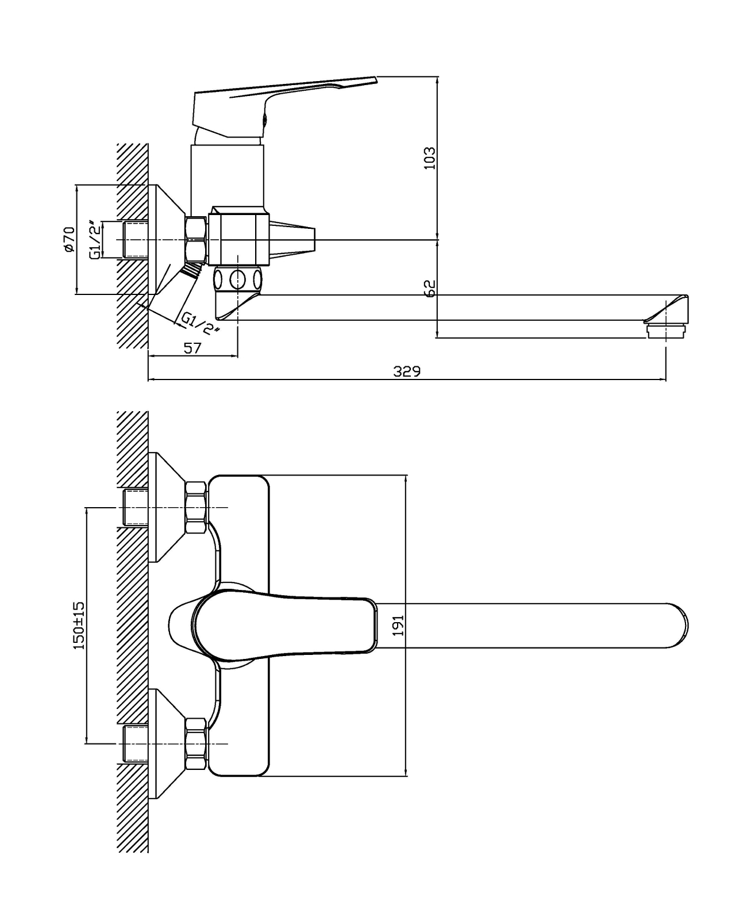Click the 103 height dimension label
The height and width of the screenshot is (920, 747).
point(430,158)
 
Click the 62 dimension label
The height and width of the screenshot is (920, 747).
point(430,288)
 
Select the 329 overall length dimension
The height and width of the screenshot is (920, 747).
point(406,371)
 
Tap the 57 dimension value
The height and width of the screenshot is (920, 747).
point(192,348)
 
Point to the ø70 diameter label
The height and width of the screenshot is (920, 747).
point(69,239)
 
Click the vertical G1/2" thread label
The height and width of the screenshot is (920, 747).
point(95,240)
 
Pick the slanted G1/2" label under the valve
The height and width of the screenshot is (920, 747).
point(200,323)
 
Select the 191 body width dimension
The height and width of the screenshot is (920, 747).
point(398,626)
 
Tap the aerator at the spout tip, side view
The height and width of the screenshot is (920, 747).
point(666,331)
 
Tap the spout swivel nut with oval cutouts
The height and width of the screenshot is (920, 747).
point(238,280)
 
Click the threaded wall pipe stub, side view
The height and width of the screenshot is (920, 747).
point(136,240)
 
